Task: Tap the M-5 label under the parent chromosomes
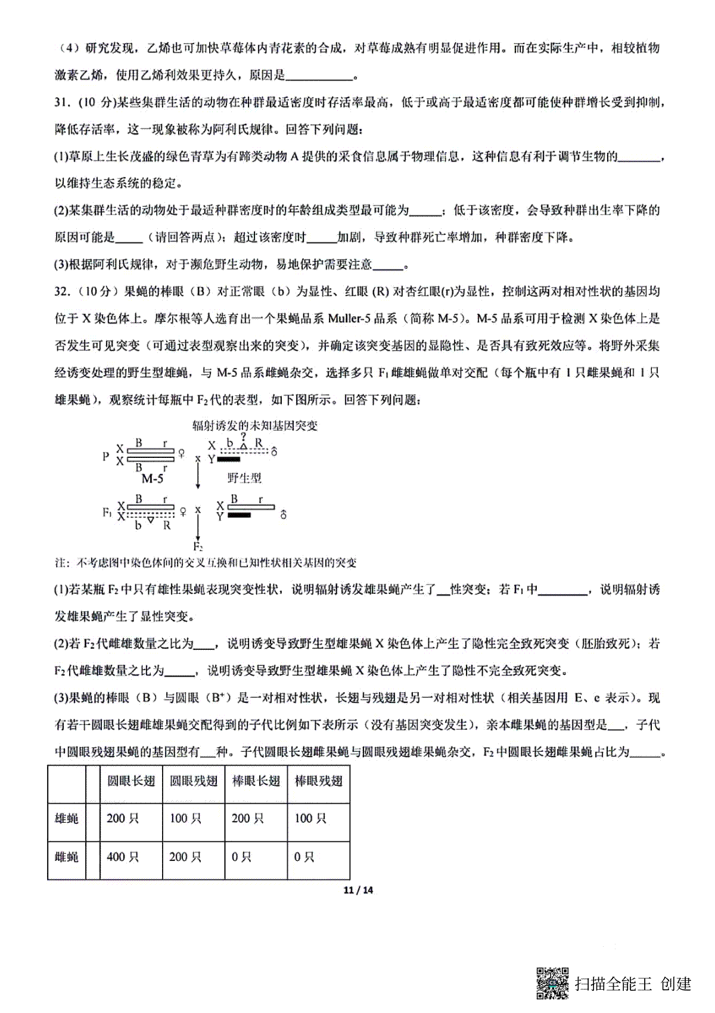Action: [153, 478]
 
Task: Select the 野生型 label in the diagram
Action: [244, 478]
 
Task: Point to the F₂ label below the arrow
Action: [198, 546]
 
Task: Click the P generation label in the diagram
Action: [105, 456]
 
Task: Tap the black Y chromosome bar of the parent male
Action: [229, 460]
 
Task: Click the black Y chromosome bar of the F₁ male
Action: [238, 515]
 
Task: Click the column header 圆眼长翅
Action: [130, 781]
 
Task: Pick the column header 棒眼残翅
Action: [318, 781]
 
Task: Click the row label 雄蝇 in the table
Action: [67, 819]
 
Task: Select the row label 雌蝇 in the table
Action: [67, 857]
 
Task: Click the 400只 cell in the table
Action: [123, 857]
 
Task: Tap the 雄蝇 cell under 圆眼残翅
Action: [185, 819]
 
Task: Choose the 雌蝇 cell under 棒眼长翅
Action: [241, 857]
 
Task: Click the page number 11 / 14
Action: [358, 890]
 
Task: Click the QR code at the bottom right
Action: [553, 983]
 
